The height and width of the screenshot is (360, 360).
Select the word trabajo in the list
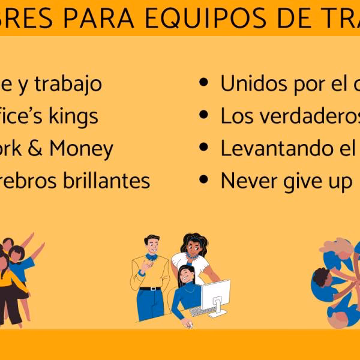click(x=68, y=84)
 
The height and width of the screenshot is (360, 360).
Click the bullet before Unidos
click(x=205, y=85)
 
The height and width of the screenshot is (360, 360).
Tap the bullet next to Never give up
click(x=205, y=179)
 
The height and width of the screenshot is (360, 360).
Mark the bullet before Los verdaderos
click(x=205, y=116)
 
